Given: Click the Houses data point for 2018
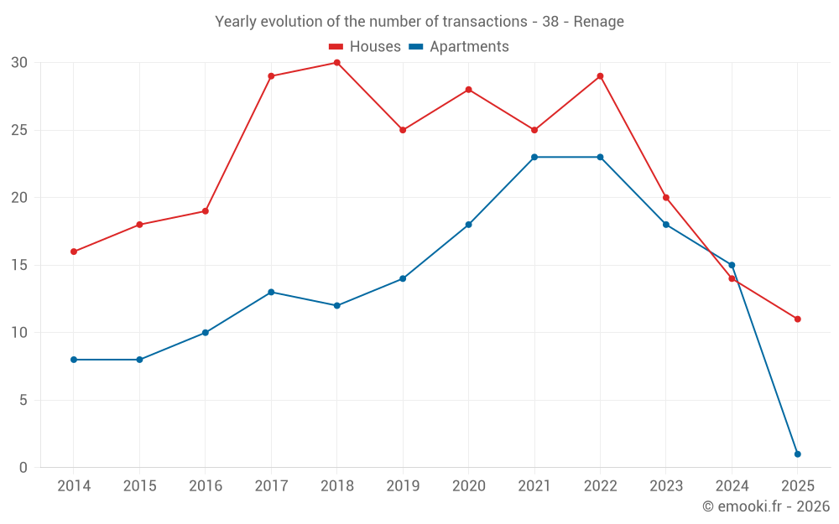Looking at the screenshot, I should coord(336,63).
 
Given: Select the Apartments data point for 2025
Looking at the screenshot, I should coord(797,454).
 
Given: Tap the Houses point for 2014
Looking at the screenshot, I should coord(74,252).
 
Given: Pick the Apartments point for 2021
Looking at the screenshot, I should coord(534,157).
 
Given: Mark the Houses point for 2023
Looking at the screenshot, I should coord(666,198).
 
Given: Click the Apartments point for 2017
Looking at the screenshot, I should coord(271,292).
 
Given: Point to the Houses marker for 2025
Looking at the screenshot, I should coord(797,319).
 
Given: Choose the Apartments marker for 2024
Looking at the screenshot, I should coord(732,265).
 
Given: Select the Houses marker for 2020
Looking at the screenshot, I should coord(468,90).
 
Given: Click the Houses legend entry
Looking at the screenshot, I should coord(364,47).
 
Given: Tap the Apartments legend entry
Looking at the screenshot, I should coord(459,47).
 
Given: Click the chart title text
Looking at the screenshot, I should coord(419,22).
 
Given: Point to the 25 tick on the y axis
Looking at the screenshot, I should coord(19,130).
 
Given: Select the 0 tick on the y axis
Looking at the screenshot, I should coord(23,468).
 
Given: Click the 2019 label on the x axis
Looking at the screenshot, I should coord(403,486).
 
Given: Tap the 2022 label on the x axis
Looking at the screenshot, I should coord(600,486).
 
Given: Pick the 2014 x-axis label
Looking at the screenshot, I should coord(74,486).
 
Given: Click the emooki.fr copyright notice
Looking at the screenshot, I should coord(765,506).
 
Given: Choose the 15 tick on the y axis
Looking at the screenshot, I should coord(19,265).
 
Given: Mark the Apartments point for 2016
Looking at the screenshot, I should coord(206,333).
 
